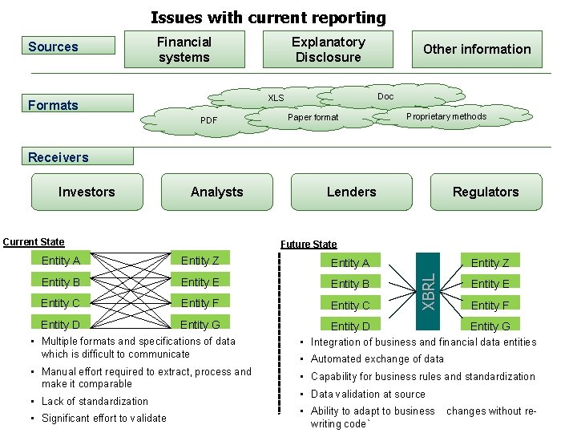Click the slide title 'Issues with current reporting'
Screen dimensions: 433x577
(268, 17)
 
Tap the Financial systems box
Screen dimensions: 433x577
(184, 50)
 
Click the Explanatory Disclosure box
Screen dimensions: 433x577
(328, 50)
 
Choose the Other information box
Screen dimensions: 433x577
(477, 49)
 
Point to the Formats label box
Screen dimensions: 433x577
(79, 104)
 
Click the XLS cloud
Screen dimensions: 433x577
(276, 98)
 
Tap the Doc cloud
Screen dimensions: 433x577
(385, 96)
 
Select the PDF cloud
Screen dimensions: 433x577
(208, 121)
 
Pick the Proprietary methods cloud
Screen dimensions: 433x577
(446, 117)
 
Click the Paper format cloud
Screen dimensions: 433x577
(313, 117)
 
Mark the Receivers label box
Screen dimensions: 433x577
(79, 157)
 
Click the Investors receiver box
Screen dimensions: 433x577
(87, 192)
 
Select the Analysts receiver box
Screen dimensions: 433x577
(216, 192)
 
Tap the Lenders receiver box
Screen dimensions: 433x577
(351, 192)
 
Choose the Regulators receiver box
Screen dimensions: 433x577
(486, 192)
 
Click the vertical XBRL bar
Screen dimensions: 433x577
(429, 290)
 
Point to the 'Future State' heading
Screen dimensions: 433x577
(309, 244)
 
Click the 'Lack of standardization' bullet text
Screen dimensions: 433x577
(95, 401)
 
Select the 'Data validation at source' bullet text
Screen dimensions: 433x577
(368, 394)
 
